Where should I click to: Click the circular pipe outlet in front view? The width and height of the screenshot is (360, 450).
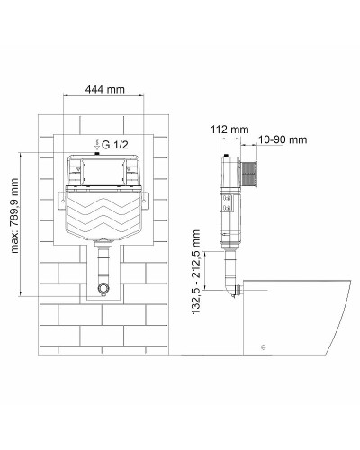[x=105, y=291]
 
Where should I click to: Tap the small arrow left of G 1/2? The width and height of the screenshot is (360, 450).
[x=96, y=144]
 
